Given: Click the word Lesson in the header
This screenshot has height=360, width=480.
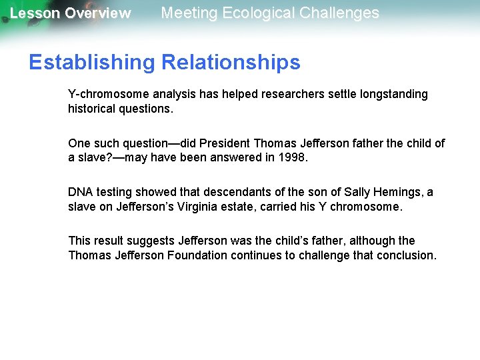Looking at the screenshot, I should point(35,13).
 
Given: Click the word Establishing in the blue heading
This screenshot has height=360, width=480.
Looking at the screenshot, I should point(91,63).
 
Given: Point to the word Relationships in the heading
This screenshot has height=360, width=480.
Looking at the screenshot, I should point(231,63).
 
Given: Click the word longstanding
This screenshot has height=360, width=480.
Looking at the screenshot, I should point(393,94).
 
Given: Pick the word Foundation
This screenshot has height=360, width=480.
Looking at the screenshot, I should point(197,255).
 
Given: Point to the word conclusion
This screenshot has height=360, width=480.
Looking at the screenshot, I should point(405,255).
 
